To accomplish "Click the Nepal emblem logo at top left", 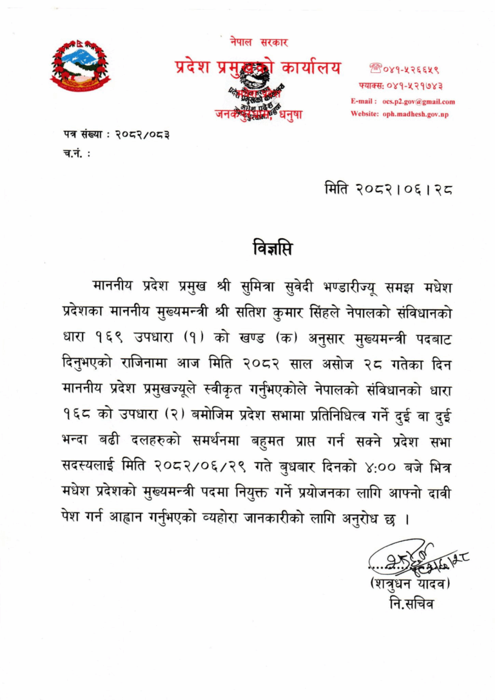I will (80, 64).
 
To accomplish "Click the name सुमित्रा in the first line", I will (258, 285).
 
